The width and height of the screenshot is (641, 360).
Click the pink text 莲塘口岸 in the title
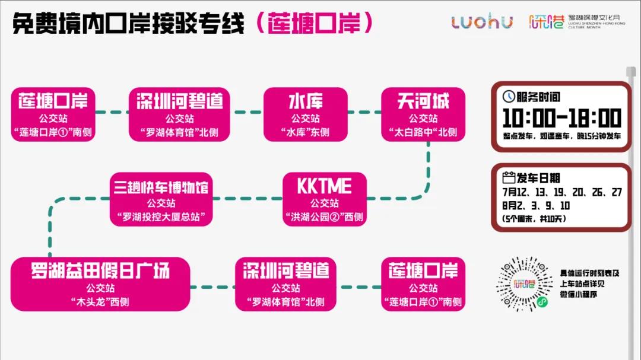[x=313, y=23]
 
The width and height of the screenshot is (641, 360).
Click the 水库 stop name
[x=305, y=101]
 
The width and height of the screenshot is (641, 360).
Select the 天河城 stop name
[x=423, y=101]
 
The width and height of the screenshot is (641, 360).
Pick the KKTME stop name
[x=324, y=186]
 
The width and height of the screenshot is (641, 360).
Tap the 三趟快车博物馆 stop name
[x=161, y=187]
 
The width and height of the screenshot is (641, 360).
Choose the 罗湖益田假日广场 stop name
[x=100, y=271]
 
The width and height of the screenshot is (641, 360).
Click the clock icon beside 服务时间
[x=509, y=97]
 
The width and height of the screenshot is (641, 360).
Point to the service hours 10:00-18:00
[x=561, y=119]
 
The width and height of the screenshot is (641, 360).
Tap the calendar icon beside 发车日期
[x=509, y=177]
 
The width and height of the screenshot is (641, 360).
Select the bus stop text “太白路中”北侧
[x=423, y=132]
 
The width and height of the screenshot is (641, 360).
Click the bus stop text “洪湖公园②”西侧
[x=324, y=217]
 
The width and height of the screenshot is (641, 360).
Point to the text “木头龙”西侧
[x=100, y=302]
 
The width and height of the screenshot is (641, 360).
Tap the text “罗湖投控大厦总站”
[x=161, y=217]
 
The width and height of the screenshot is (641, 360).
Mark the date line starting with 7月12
[x=561, y=192]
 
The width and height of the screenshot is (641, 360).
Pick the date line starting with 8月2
[x=536, y=206]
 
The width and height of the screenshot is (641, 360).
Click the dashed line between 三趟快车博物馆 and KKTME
[x=247, y=198]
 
